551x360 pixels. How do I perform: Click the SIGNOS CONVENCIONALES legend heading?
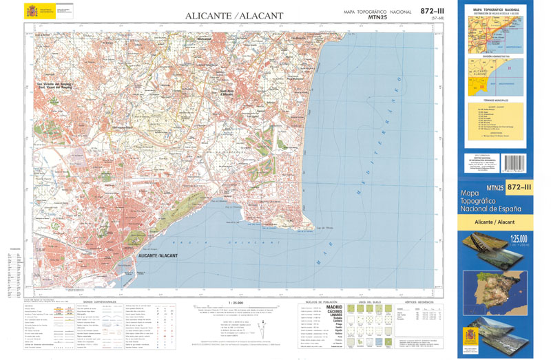pyautogui.click(x=101, y=301)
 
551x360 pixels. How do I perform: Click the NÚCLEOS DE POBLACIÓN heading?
pyautogui.click(x=318, y=301)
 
